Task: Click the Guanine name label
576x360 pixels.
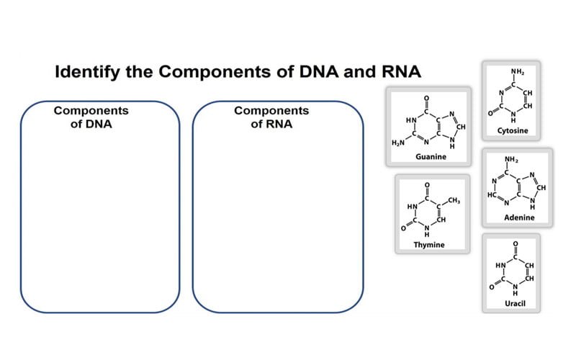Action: (x=431, y=156)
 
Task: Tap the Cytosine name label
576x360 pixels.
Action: (x=513, y=130)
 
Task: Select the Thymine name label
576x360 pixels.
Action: (x=429, y=245)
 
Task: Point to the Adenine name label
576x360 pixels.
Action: (x=518, y=217)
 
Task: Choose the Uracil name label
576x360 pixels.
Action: (x=516, y=304)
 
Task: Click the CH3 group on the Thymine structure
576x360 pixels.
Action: (x=454, y=199)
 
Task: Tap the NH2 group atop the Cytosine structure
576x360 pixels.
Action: (x=518, y=71)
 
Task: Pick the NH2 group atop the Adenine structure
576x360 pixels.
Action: (x=511, y=158)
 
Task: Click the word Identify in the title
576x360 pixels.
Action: (x=89, y=73)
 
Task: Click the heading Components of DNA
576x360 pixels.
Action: (x=91, y=117)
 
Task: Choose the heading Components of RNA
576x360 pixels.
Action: (x=271, y=117)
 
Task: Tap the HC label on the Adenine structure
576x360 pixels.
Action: (x=492, y=196)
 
